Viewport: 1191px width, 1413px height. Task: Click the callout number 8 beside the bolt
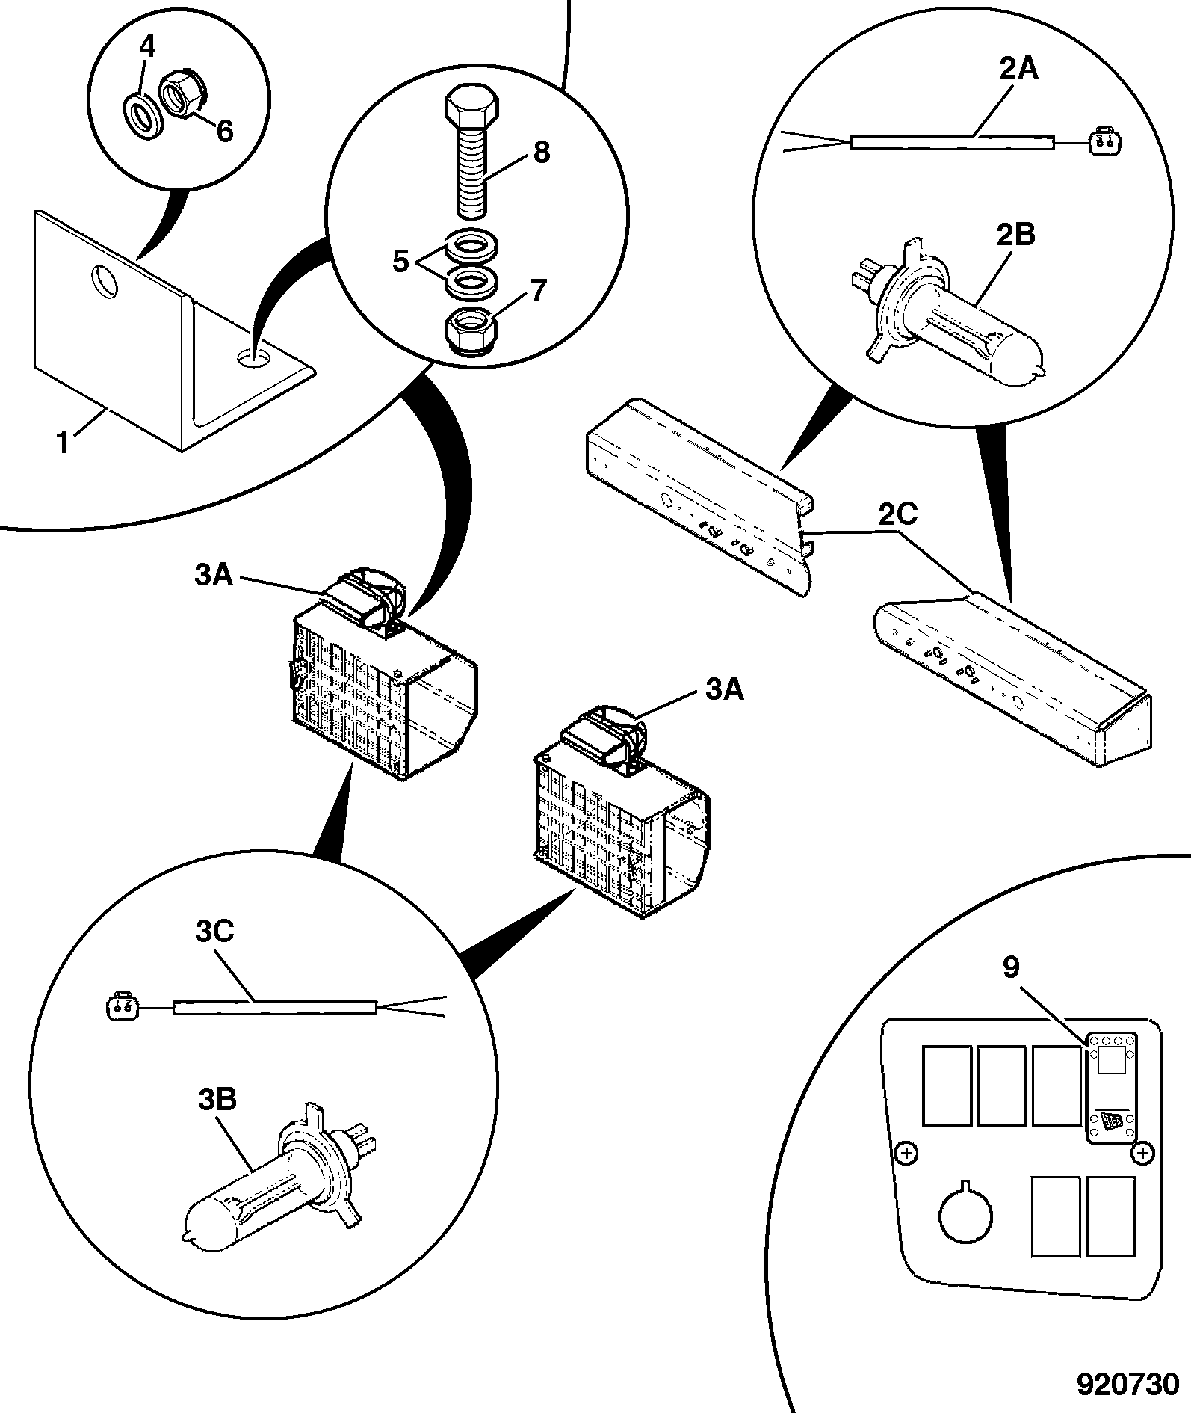(541, 152)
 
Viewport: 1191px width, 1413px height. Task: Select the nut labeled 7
(471, 330)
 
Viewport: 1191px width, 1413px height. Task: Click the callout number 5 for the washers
(400, 262)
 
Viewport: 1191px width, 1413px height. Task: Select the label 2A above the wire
(1018, 69)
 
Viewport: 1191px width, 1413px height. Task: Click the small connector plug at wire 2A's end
(1103, 141)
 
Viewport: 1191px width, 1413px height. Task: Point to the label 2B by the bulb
(1015, 235)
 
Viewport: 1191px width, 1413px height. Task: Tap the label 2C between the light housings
(898, 515)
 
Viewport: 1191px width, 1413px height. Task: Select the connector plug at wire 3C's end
(121, 1006)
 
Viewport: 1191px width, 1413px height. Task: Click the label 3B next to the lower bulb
(218, 1100)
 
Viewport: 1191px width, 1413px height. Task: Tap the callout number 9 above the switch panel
(1010, 967)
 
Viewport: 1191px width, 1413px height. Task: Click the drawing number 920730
(1127, 1384)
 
